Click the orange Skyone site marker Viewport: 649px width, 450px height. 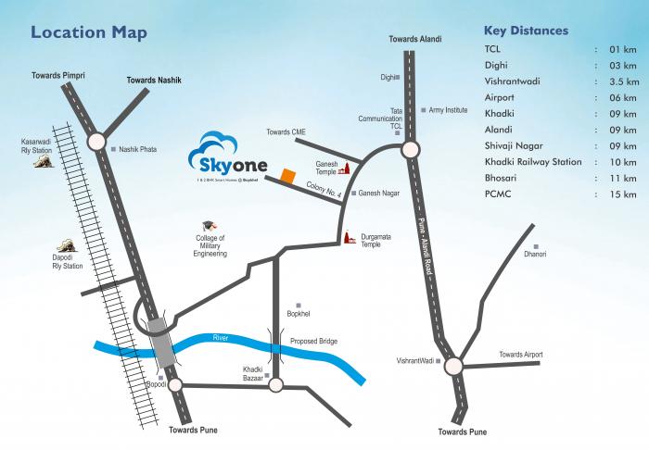point(288,175)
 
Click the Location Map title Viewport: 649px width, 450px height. point(89,32)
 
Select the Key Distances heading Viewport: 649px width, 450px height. point(527,31)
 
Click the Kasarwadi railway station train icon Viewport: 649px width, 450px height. point(42,162)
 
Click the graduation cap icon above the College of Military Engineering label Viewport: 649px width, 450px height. point(209,227)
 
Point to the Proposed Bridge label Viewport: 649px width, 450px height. point(314,342)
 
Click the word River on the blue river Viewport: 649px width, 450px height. point(220,337)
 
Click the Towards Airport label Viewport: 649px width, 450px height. point(520,355)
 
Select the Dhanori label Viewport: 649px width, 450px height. point(535,253)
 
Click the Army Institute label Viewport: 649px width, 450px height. point(449,109)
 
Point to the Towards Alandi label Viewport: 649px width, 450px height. point(414,40)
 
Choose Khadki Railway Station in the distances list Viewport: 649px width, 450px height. point(533,161)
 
